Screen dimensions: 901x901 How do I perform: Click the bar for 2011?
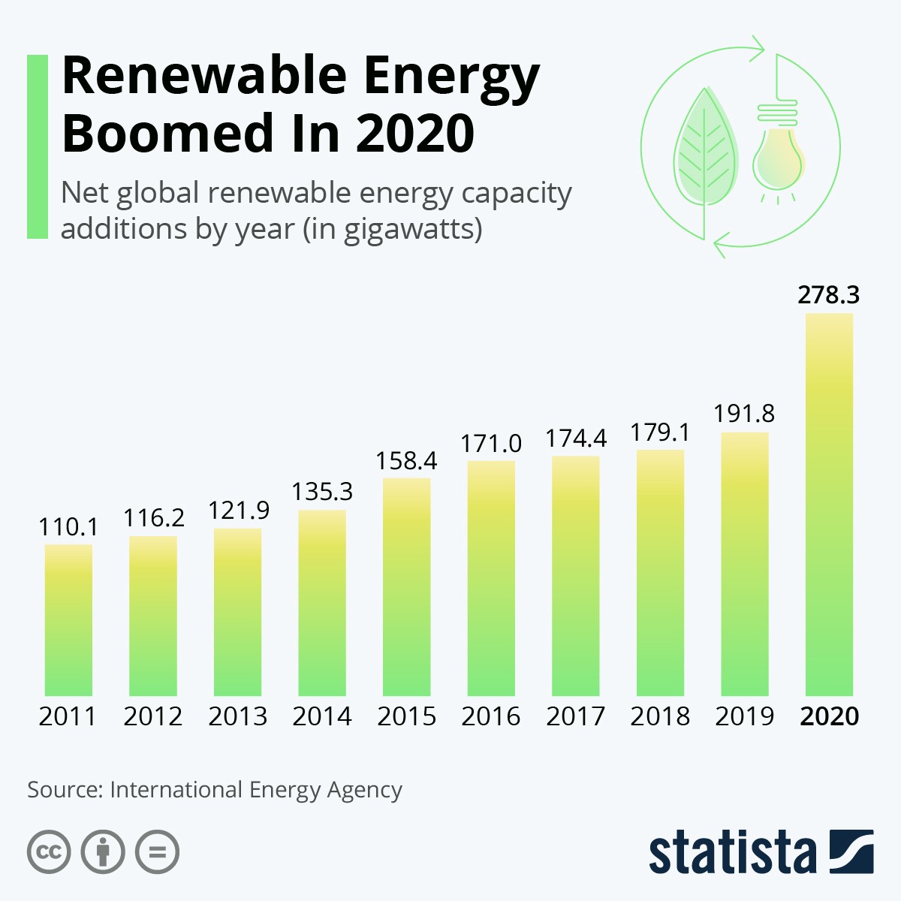(x=68, y=620)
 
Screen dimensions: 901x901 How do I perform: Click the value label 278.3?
(x=829, y=295)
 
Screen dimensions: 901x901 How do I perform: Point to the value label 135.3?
(x=322, y=492)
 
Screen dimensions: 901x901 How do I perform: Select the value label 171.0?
(x=491, y=443)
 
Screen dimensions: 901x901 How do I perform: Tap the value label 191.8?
(x=744, y=414)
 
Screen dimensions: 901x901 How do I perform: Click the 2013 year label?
(x=237, y=716)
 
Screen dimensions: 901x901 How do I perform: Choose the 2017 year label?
(x=575, y=716)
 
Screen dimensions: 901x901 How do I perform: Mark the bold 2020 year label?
(x=829, y=716)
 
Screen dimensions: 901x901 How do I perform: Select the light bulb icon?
(x=779, y=150)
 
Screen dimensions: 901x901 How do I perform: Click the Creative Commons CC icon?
(x=49, y=852)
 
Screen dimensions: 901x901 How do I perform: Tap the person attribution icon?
(x=103, y=852)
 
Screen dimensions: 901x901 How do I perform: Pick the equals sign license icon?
(x=158, y=852)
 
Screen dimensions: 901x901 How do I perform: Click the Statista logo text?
(x=732, y=853)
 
